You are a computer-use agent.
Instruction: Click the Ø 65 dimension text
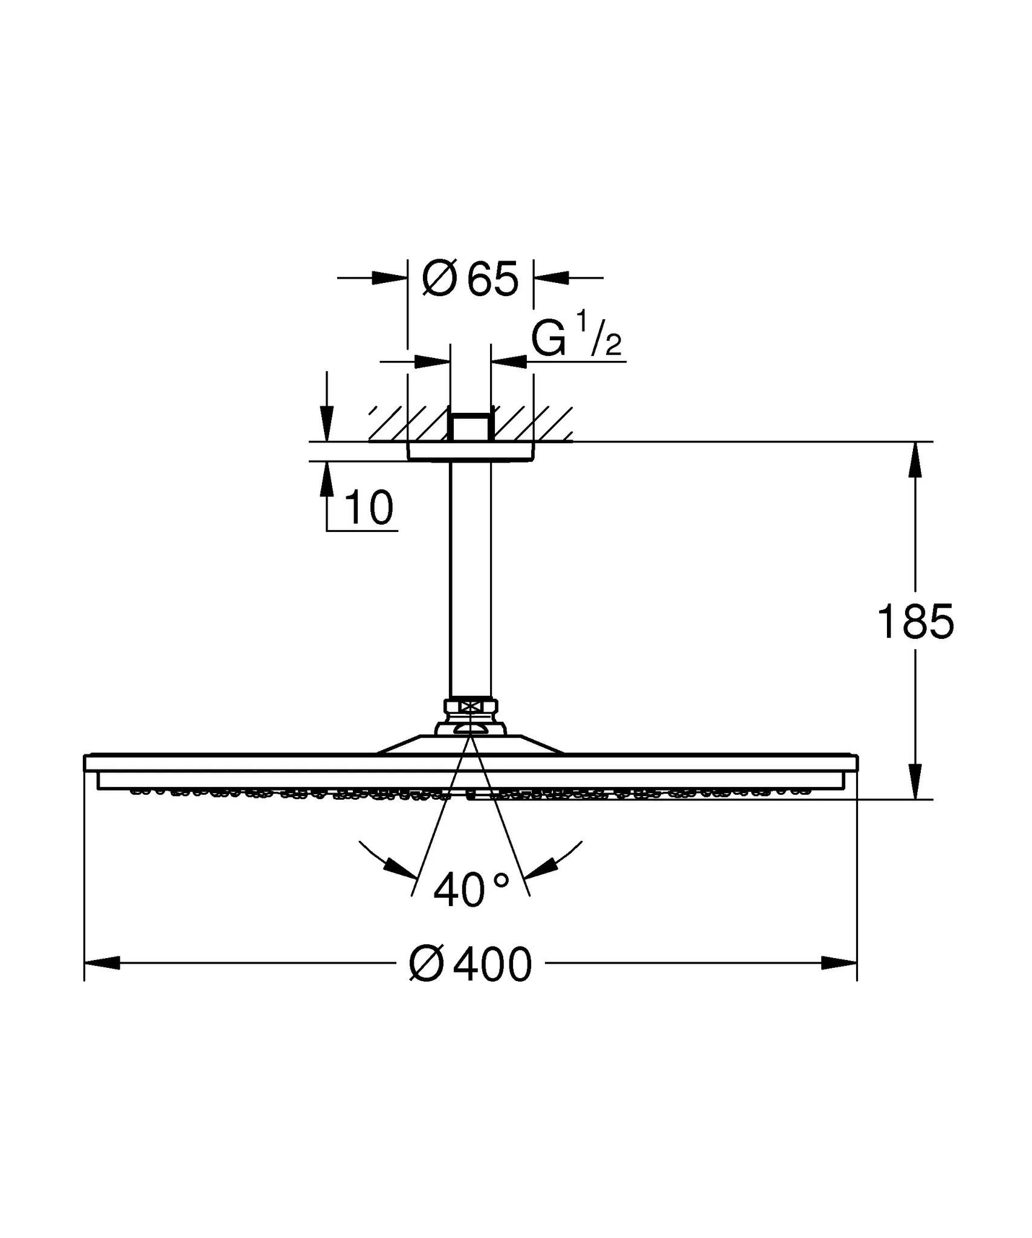pyautogui.click(x=471, y=279)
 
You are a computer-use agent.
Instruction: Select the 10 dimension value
pyautogui.click(x=369, y=508)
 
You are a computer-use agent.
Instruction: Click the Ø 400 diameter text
pyautogui.click(x=471, y=965)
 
